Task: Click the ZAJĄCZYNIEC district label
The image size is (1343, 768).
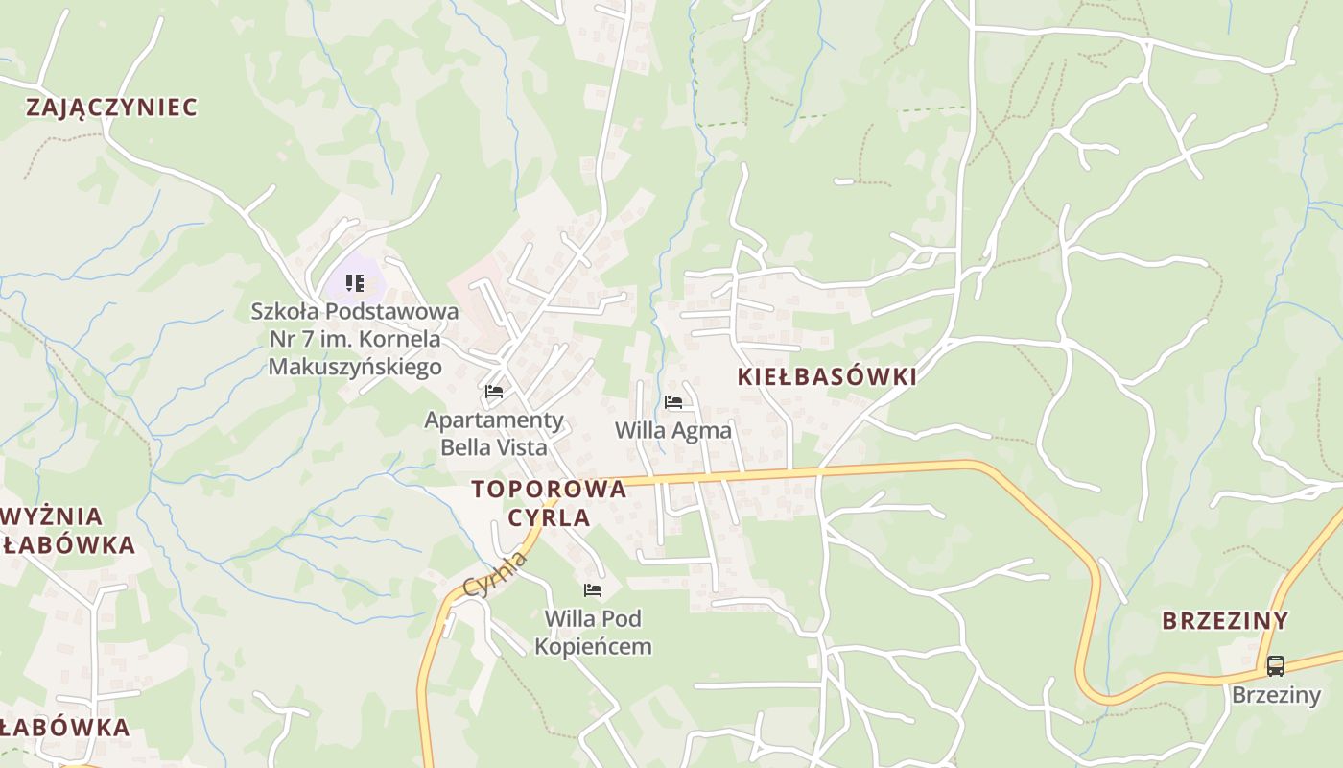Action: pyautogui.click(x=111, y=107)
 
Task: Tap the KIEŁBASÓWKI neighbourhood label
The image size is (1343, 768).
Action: pyautogui.click(x=827, y=377)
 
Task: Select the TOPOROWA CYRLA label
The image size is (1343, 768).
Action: pyautogui.click(x=549, y=503)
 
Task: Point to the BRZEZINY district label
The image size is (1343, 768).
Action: pyautogui.click(x=1225, y=620)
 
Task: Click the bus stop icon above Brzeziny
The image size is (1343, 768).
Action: pyautogui.click(x=1275, y=665)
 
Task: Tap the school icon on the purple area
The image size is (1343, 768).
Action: pyautogui.click(x=355, y=283)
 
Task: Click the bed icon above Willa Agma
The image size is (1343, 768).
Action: pyautogui.click(x=673, y=402)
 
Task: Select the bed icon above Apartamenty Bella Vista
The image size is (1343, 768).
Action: pyautogui.click(x=494, y=392)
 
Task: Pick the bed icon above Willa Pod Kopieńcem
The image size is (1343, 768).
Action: pyautogui.click(x=593, y=589)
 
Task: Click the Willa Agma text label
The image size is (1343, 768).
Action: pyautogui.click(x=673, y=430)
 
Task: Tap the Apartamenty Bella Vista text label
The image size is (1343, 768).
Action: pyautogui.click(x=494, y=433)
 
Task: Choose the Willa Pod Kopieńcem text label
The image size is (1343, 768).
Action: pyautogui.click(x=593, y=632)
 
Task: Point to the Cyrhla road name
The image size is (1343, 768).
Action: pyautogui.click(x=495, y=574)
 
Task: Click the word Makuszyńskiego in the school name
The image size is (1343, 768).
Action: pyautogui.click(x=355, y=366)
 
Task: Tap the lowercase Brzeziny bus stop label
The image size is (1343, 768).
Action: pyautogui.click(x=1276, y=694)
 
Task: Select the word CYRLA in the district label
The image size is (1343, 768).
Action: pyautogui.click(x=549, y=517)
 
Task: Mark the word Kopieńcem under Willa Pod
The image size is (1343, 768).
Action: pyautogui.click(x=593, y=646)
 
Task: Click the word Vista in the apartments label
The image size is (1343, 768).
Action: pyautogui.click(x=521, y=446)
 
